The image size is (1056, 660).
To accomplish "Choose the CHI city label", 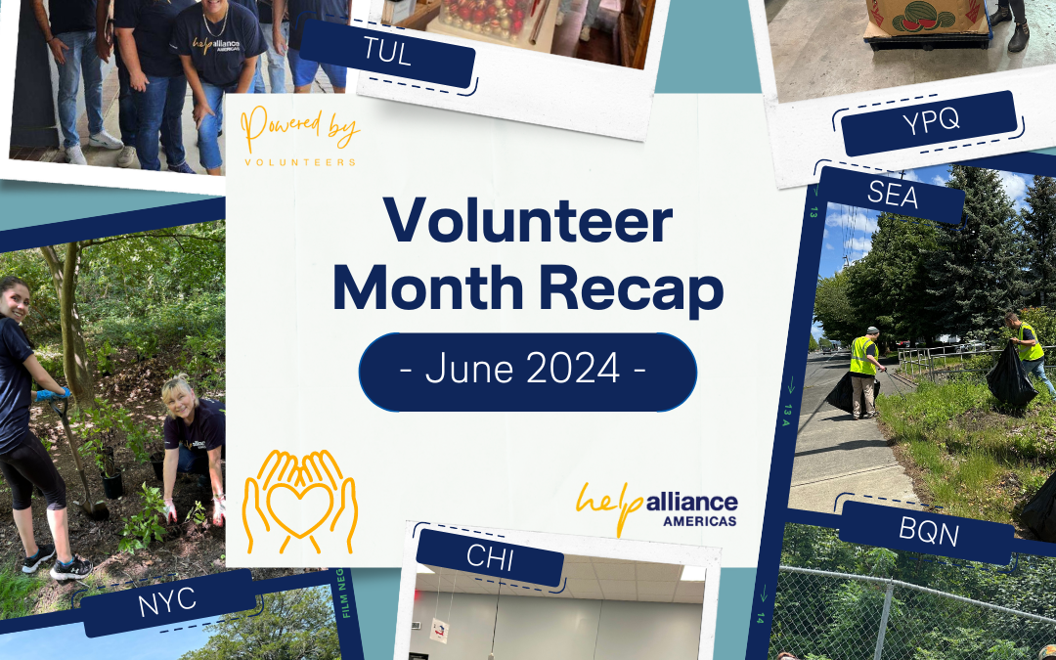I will [490, 558].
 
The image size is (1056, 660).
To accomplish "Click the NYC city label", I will [167, 602].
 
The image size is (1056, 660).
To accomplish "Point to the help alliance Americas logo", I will [657, 506].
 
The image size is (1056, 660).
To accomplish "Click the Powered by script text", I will [299, 130].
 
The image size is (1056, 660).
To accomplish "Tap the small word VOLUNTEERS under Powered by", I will [299, 162].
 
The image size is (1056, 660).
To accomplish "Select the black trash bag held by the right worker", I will [1009, 377].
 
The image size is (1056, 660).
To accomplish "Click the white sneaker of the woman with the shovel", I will [70, 569].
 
